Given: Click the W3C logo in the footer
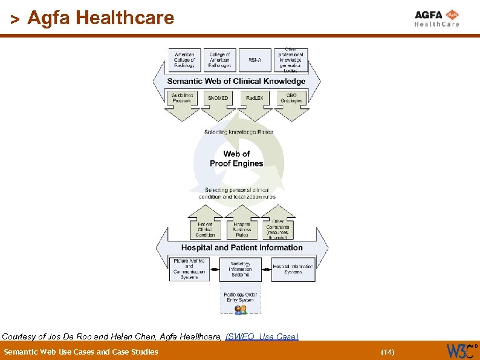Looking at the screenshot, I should click(x=461, y=350).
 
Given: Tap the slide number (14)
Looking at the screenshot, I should click(x=387, y=352).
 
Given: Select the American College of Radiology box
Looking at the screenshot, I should click(x=184, y=60).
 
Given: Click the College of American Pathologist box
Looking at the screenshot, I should click(x=219, y=60).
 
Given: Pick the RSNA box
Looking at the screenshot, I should click(x=255, y=60).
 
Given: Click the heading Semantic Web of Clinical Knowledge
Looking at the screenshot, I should click(x=236, y=81).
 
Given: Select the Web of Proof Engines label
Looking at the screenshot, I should click(x=236, y=159).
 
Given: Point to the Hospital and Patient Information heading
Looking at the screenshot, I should click(x=242, y=247).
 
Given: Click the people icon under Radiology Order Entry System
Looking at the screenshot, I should click(x=241, y=309).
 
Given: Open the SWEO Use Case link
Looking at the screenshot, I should click(x=262, y=336).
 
